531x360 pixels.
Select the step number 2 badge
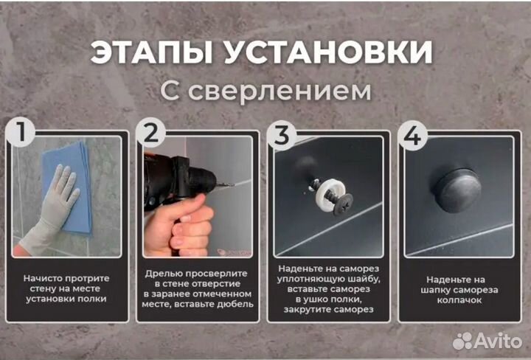151,134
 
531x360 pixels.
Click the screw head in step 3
343,204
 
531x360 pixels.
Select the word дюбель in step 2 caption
234,304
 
